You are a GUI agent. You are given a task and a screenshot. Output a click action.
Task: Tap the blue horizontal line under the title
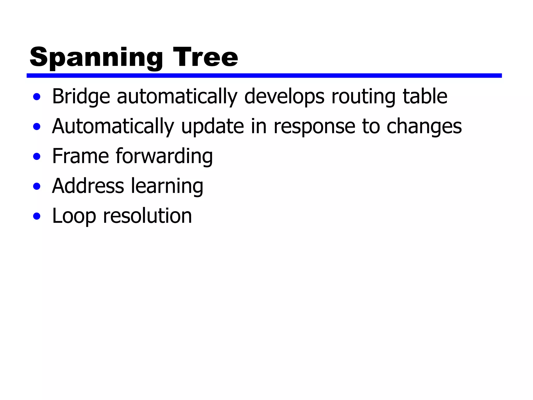(x=264, y=76)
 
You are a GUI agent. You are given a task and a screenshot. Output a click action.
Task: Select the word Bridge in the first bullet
(x=81, y=97)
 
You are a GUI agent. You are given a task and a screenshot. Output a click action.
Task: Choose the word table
(x=425, y=96)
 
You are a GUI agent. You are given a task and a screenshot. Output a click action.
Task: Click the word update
(x=212, y=127)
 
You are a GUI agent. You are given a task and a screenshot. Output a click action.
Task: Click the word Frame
(x=80, y=156)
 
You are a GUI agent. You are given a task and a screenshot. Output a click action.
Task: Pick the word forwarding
(x=164, y=157)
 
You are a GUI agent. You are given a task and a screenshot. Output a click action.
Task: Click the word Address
(x=88, y=186)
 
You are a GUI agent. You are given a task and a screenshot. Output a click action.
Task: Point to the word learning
(x=167, y=186)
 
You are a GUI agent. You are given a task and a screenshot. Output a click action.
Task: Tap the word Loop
(x=74, y=216)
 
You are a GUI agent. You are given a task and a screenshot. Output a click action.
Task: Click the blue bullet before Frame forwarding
(x=37, y=157)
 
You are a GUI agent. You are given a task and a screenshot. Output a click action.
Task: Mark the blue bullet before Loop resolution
(x=37, y=216)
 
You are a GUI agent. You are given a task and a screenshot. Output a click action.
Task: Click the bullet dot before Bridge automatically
(x=37, y=97)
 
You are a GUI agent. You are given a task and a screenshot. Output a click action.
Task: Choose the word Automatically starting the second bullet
(x=113, y=127)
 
